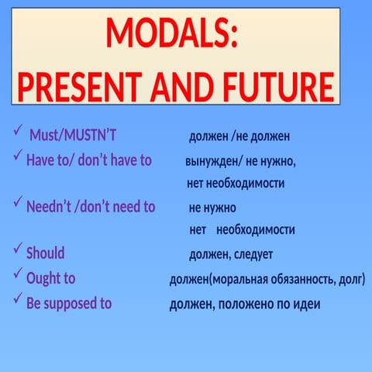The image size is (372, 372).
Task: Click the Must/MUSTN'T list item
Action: tap(73, 137)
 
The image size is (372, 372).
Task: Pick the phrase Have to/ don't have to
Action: tap(89, 160)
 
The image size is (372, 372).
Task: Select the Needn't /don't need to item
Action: tap(91, 207)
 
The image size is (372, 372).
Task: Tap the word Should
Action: tap(46, 253)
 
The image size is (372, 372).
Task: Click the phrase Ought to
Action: tap(51, 278)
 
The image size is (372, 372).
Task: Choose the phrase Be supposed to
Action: tap(69, 303)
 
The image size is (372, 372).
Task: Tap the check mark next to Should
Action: tap(19, 250)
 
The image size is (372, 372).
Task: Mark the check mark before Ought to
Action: tap(19, 274)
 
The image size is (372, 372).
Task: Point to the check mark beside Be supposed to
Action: tap(19, 299)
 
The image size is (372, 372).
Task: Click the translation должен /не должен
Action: tap(239, 137)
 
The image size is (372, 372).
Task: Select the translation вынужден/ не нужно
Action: tap(240, 161)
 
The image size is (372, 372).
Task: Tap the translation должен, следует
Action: tap(231, 254)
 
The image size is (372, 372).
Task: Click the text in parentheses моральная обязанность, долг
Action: tap(285, 279)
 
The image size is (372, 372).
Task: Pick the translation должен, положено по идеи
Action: tap(245, 305)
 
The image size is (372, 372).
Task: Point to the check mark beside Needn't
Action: tap(19, 203)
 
